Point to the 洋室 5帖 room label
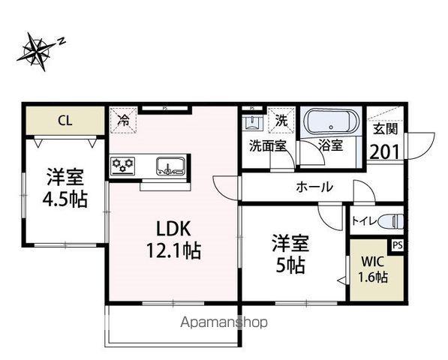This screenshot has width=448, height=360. pyautogui.click(x=289, y=254)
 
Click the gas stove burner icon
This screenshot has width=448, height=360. pyautogui.click(x=122, y=165)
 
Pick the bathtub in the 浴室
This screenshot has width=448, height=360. pyautogui.click(x=332, y=121)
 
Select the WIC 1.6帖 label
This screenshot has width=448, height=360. pyautogui.click(x=373, y=269)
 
